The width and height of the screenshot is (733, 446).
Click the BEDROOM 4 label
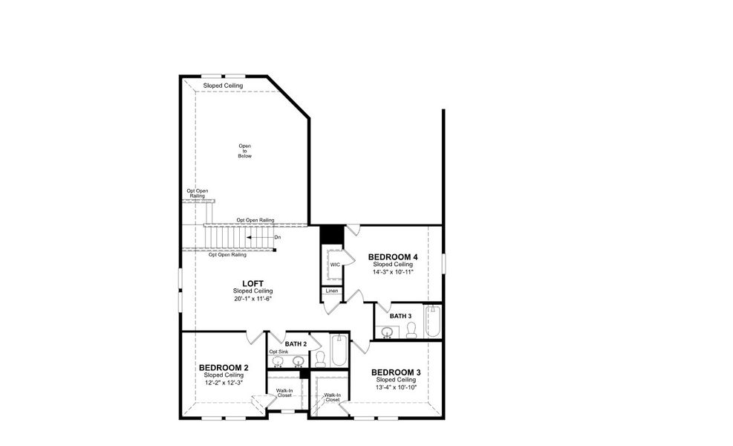[392, 257]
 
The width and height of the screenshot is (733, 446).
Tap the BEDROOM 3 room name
[396, 372]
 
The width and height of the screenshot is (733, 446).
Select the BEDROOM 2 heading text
[224, 368]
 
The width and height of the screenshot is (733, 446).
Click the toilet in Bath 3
[411, 330]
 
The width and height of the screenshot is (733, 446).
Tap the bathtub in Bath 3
[432, 322]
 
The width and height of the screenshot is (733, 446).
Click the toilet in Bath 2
[320, 358]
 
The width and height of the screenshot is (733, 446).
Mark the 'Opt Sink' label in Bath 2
[278, 352]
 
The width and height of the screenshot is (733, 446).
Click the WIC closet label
[335, 264]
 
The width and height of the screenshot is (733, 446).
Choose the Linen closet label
[331, 291]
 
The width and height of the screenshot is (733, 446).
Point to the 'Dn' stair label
[277, 237]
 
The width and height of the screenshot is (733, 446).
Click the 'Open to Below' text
[245, 151]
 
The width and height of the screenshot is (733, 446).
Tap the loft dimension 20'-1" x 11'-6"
[253, 298]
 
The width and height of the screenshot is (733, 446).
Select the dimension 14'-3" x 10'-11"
[392, 272]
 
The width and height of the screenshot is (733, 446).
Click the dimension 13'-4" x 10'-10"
[396, 387]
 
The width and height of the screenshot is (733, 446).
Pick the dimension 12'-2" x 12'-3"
[224, 383]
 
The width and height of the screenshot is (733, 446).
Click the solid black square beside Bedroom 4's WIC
[330, 232]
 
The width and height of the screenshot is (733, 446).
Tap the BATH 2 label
[296, 343]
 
